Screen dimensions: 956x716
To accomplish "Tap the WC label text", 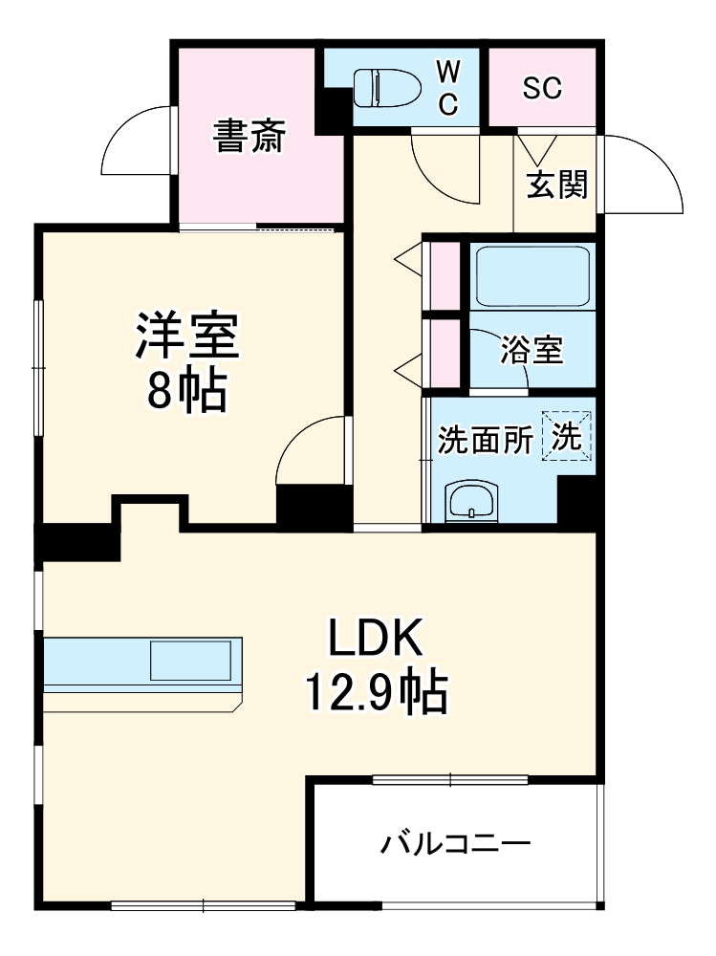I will coord(448,87).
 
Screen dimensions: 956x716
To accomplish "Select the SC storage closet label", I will coord(542,88).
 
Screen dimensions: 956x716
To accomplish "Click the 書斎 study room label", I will coord(249,138).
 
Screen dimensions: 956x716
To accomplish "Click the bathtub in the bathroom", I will coord(532,275).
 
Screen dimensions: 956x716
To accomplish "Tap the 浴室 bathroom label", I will coord(532,351).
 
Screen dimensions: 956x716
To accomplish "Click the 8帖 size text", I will coord(186,390).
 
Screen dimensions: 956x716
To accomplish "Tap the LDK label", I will coord(375,639).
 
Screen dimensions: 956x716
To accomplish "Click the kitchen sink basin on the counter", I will coord(189,661).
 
